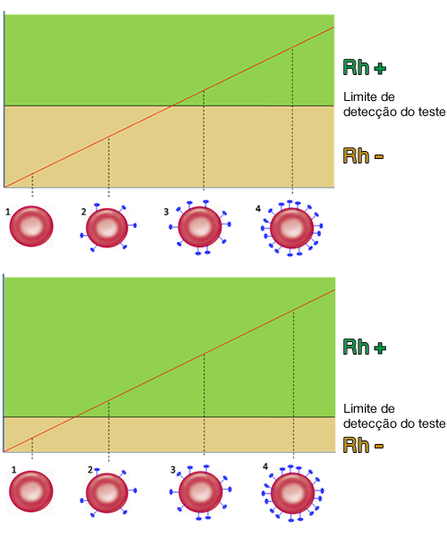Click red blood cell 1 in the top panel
click(x=31, y=226)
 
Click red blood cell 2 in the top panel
click(x=107, y=227)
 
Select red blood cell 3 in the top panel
click(x=199, y=227)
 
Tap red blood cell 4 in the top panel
click(x=291, y=228)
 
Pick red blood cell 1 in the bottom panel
click(x=30, y=491)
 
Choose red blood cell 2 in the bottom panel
click(x=107, y=492)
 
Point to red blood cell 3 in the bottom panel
click(x=200, y=492)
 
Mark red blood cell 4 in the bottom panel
click(x=292, y=493)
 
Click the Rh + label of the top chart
click(x=365, y=67)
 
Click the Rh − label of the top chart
click(x=363, y=155)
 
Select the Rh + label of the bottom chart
click(x=365, y=347)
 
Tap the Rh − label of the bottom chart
click(x=363, y=445)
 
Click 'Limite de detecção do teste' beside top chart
click(x=394, y=105)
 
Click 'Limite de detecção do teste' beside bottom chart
click(x=394, y=416)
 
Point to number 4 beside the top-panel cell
click(x=257, y=208)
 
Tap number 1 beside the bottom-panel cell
click(x=13, y=470)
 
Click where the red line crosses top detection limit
click(x=173, y=105)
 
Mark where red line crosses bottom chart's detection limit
click(x=74, y=417)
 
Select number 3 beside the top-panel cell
click(x=166, y=212)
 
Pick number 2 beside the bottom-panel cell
click(x=90, y=470)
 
